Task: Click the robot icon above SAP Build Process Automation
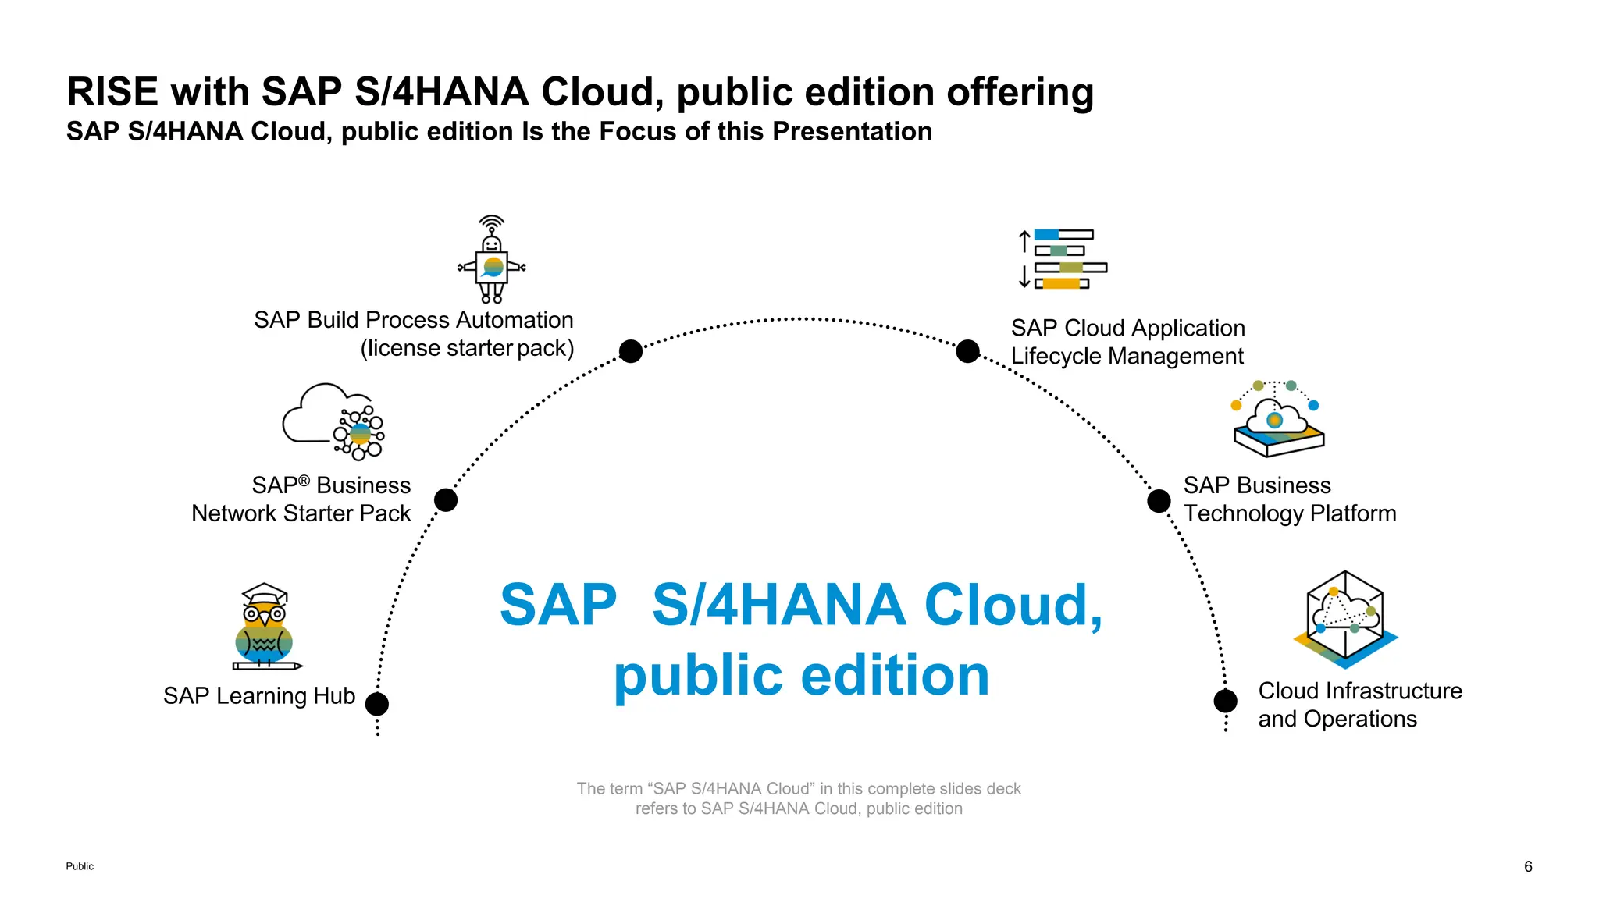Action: click(x=492, y=261)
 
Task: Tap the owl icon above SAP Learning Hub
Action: click(x=265, y=627)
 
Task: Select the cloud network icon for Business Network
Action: click(x=333, y=421)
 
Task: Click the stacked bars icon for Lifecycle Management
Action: click(x=1063, y=259)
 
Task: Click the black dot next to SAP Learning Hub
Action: click(x=377, y=704)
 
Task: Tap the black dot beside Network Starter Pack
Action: click(x=446, y=499)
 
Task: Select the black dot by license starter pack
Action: click(x=631, y=351)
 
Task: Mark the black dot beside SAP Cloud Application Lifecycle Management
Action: click(x=967, y=351)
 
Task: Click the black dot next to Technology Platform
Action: click(x=1159, y=501)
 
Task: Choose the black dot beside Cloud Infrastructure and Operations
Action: click(x=1225, y=701)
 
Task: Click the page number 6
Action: click(x=1528, y=866)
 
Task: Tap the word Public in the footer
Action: click(x=80, y=866)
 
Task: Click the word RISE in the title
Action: click(x=113, y=92)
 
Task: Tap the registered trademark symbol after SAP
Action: click(x=304, y=481)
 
